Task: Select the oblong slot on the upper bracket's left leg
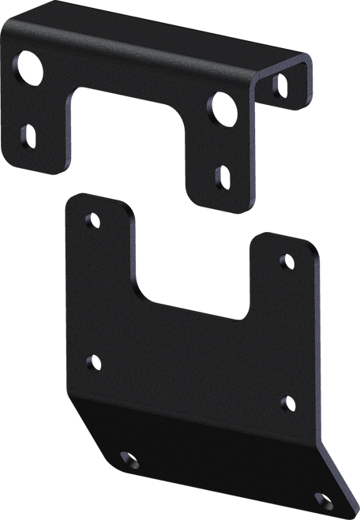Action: pos(28,137)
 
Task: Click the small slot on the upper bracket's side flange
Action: pos(279,84)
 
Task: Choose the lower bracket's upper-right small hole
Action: pos(287,260)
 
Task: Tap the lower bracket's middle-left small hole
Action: pos(93,363)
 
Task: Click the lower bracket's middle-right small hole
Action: pos(287,404)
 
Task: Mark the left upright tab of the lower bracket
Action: pos(99,253)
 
